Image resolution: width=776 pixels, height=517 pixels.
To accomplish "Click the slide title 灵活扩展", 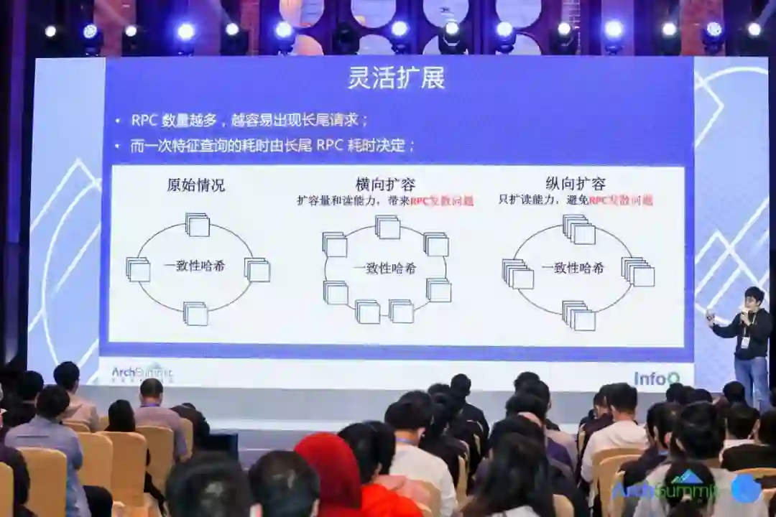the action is click(x=396, y=78).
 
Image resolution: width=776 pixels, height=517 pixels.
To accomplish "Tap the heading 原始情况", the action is click(x=195, y=185).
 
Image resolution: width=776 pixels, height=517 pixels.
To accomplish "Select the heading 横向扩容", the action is click(x=385, y=185).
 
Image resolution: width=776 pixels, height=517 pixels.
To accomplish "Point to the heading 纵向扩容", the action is click(x=575, y=183).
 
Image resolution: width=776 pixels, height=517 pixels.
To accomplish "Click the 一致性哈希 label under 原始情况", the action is click(x=194, y=266).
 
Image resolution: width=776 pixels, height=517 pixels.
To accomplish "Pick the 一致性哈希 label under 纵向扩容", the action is click(x=573, y=268).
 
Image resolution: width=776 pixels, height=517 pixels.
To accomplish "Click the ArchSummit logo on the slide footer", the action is click(x=142, y=373).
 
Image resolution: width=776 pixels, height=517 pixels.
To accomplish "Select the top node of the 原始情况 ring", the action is click(x=198, y=225).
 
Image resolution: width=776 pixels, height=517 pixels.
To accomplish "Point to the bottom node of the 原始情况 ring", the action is click(x=195, y=313).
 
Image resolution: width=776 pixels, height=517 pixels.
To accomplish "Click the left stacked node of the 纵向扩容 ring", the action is click(x=518, y=274).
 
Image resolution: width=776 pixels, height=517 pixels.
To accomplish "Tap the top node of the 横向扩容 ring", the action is click(x=388, y=227).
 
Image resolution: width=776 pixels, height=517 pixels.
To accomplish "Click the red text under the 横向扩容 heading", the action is click(x=442, y=202).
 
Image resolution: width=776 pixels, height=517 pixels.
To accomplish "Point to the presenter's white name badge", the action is click(x=745, y=341).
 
